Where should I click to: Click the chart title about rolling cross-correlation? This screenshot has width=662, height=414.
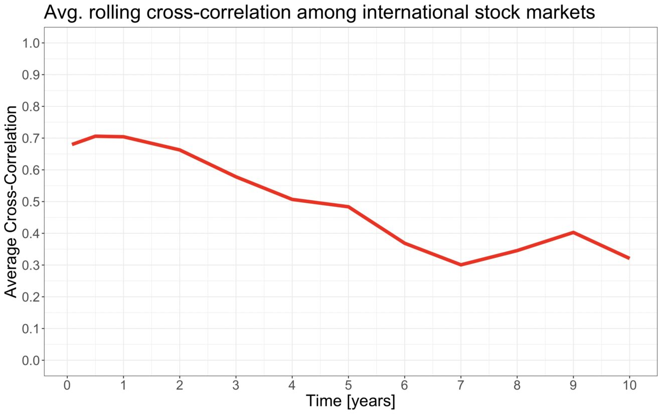(319, 13)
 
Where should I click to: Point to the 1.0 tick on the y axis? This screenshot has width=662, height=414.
(31, 43)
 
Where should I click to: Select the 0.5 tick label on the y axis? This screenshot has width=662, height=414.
(31, 202)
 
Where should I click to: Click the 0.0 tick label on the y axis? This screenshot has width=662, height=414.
(31, 360)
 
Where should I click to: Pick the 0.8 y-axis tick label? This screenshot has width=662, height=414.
(31, 107)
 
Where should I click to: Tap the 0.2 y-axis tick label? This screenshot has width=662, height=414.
(31, 297)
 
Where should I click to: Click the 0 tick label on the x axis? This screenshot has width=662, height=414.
(67, 385)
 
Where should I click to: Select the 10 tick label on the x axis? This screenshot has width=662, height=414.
(629, 385)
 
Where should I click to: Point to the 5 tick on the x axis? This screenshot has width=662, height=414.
(349, 385)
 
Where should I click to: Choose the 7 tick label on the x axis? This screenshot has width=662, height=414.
(461, 385)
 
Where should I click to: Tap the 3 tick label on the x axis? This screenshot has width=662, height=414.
(236, 385)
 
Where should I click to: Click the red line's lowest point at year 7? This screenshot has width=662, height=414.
(461, 264)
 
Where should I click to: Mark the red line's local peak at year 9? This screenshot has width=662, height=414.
(573, 232)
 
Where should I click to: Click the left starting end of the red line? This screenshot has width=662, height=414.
(73, 145)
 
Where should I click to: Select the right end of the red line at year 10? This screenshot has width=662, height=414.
(629, 258)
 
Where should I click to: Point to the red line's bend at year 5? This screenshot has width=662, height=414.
(349, 207)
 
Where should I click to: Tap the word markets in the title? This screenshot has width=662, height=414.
(558, 13)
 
